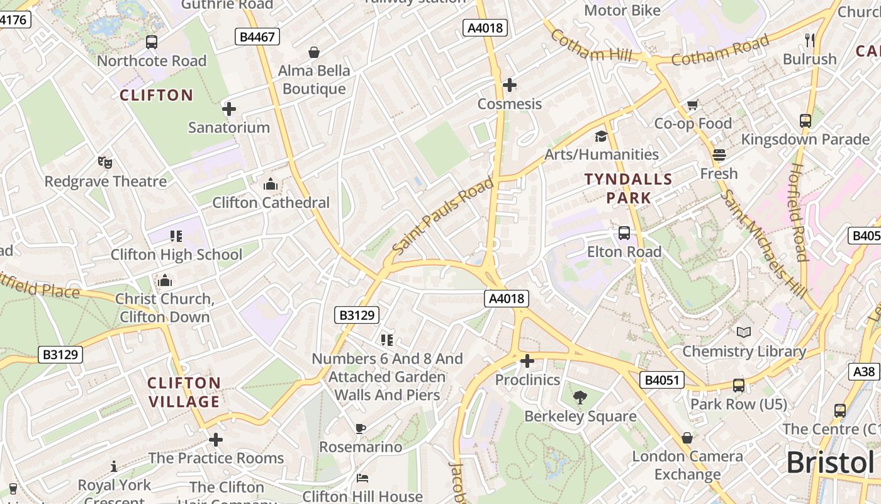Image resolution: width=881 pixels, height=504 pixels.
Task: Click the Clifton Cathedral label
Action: (x=271, y=202)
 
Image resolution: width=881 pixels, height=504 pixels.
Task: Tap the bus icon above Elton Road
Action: (x=624, y=233)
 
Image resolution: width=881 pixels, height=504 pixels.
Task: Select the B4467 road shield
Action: (x=258, y=37)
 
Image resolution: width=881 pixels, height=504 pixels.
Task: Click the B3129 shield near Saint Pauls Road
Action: (x=357, y=315)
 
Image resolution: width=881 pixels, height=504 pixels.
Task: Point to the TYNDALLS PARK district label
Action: (x=629, y=188)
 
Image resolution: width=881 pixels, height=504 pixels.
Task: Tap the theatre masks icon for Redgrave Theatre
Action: (x=105, y=163)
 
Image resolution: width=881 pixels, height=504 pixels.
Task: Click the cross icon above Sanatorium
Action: (x=229, y=109)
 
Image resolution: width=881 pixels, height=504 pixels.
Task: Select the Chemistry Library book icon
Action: (x=744, y=332)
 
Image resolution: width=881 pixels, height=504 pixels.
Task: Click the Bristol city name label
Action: (x=830, y=463)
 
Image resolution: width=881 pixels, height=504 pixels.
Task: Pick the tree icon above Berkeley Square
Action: (x=580, y=398)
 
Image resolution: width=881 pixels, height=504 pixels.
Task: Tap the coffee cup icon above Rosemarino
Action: (x=360, y=429)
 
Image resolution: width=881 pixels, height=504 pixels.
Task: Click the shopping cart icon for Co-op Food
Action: (x=693, y=105)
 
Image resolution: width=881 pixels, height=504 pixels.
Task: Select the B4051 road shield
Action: (x=661, y=380)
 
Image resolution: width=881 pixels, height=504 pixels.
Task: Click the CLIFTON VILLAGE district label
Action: (x=184, y=392)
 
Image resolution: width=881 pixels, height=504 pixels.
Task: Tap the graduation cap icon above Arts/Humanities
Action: (x=601, y=136)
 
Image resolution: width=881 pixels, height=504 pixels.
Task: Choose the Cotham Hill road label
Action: (x=590, y=46)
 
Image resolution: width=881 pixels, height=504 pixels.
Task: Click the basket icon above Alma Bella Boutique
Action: (x=313, y=52)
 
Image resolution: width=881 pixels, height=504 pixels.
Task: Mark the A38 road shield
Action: (x=864, y=372)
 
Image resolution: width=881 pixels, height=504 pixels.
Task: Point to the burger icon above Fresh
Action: (x=719, y=155)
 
